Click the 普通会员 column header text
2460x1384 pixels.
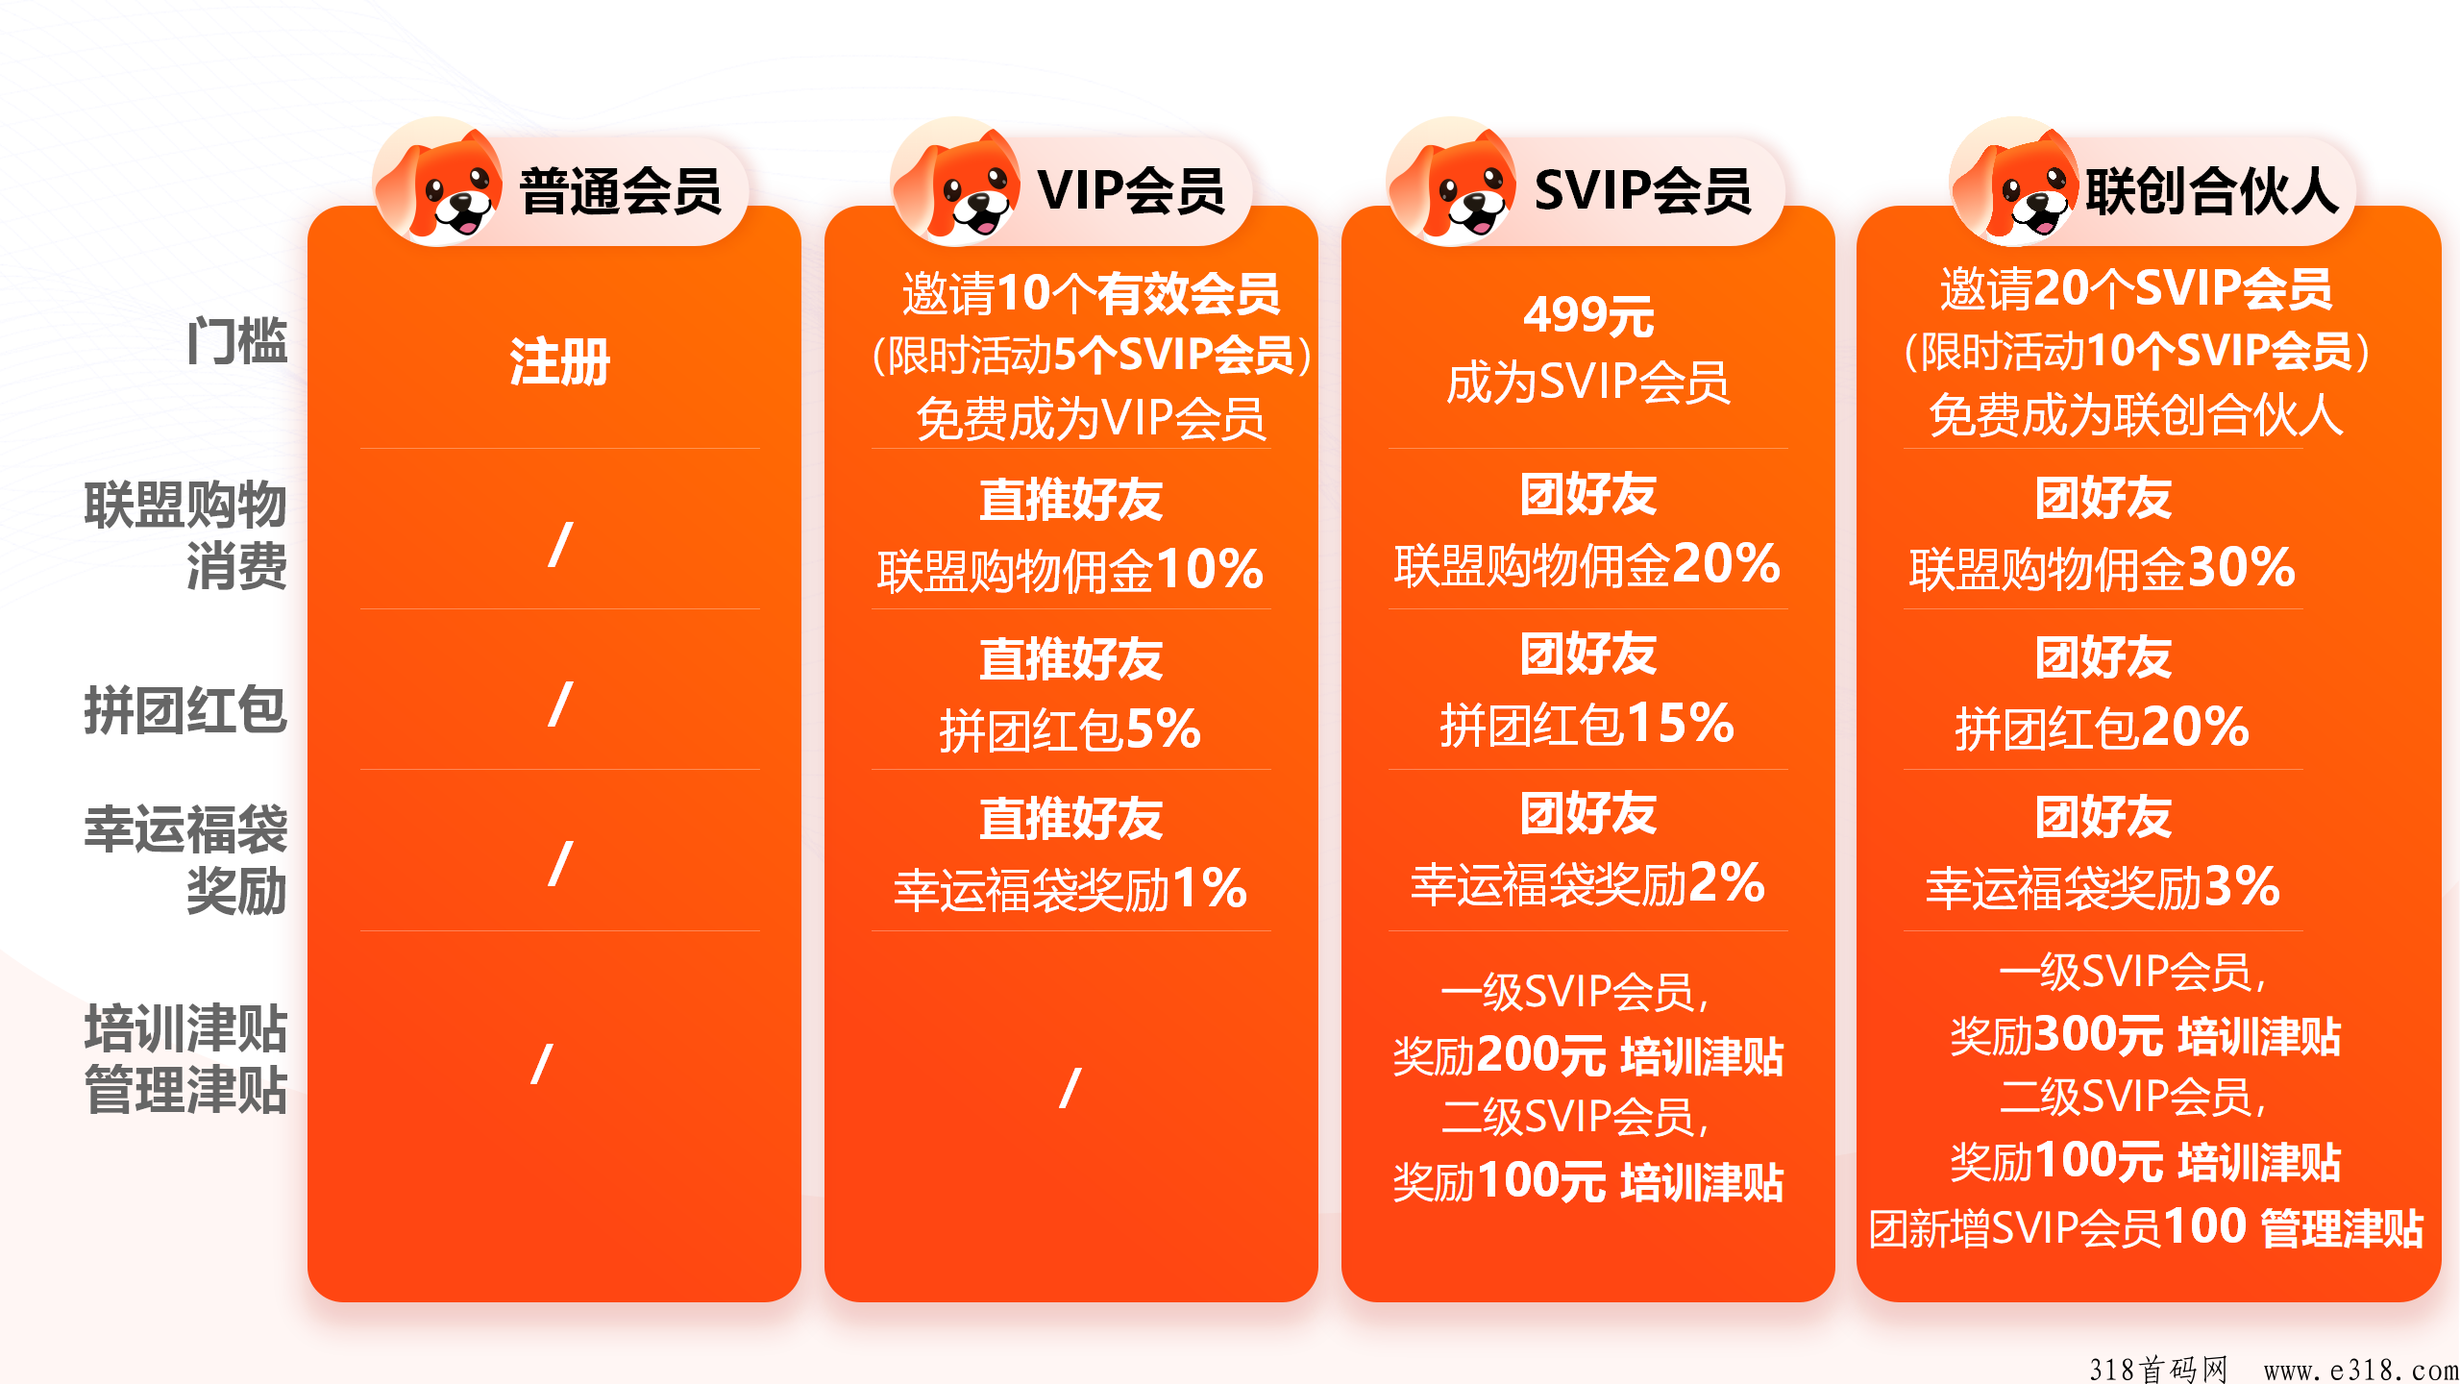[x=620, y=190]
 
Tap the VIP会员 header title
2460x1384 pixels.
[x=1130, y=190]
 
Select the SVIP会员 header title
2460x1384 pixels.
[x=1642, y=190]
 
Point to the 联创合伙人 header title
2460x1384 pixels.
[x=2211, y=190]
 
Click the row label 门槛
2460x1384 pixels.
[x=236, y=341]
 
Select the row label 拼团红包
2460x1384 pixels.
[x=185, y=710]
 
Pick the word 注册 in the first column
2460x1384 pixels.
[x=559, y=362]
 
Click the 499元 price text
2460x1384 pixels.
[x=1587, y=315]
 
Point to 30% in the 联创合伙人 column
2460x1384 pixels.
[x=2241, y=567]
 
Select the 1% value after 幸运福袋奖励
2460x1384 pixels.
[x=1209, y=888]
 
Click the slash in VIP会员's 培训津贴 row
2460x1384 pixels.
[x=1070, y=1088]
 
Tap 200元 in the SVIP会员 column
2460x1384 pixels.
[x=1540, y=1055]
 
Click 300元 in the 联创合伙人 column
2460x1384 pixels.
[x=2098, y=1035]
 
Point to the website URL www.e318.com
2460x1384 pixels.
[x=2360, y=1369]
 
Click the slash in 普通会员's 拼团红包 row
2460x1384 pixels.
[x=559, y=704]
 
